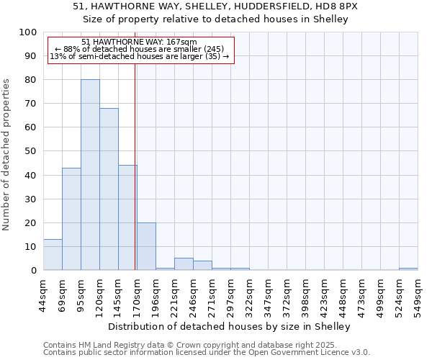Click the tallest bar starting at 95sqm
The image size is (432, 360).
click(x=90, y=175)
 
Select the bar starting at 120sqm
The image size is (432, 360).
click(x=109, y=189)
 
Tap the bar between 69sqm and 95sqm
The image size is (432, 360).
click(x=71, y=219)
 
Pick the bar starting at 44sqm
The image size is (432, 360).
click(x=53, y=255)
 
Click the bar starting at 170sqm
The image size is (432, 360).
click(x=146, y=246)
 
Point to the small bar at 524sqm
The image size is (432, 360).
click(x=408, y=269)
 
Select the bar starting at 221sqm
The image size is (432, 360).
click(x=184, y=264)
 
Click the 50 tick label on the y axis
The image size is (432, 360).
click(x=31, y=151)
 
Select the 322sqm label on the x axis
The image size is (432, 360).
click(x=249, y=294)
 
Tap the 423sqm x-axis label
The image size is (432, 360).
click(x=324, y=294)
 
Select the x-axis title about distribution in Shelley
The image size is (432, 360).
click(x=233, y=326)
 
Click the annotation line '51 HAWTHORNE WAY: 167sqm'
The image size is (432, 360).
click(x=139, y=42)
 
